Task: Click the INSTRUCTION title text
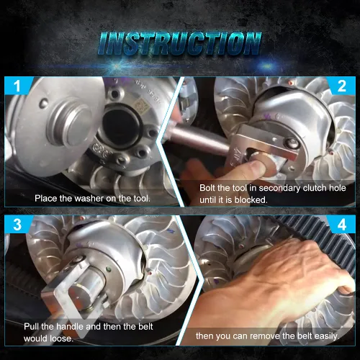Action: coord(179,44)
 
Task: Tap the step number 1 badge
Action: coord(17,86)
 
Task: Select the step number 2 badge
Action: coord(342,86)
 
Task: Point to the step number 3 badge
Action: coord(17,225)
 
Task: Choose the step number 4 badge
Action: coord(342,225)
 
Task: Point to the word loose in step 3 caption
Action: coord(60,338)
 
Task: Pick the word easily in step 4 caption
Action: coord(327,336)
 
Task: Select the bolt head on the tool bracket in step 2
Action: coord(292,143)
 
